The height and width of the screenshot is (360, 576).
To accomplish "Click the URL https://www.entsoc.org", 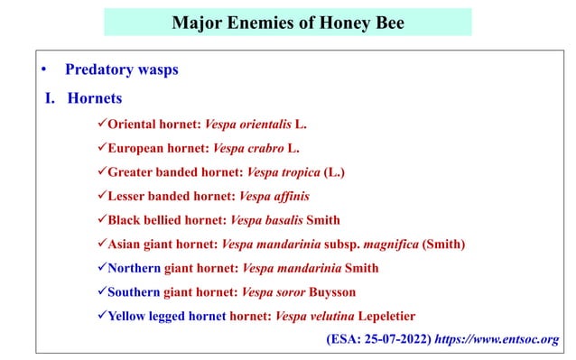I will coord(497,340).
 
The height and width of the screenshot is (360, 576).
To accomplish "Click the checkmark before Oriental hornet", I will coord(100,123).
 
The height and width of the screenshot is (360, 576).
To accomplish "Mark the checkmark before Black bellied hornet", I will coord(100,220).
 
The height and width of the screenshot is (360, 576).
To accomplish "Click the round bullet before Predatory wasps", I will coord(41,69).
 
